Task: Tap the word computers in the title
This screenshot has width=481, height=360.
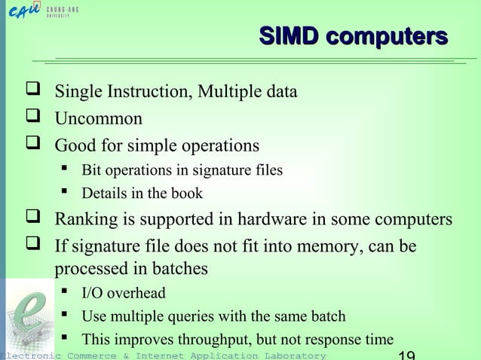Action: [387, 36]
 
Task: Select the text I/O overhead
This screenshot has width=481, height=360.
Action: [123, 293]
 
